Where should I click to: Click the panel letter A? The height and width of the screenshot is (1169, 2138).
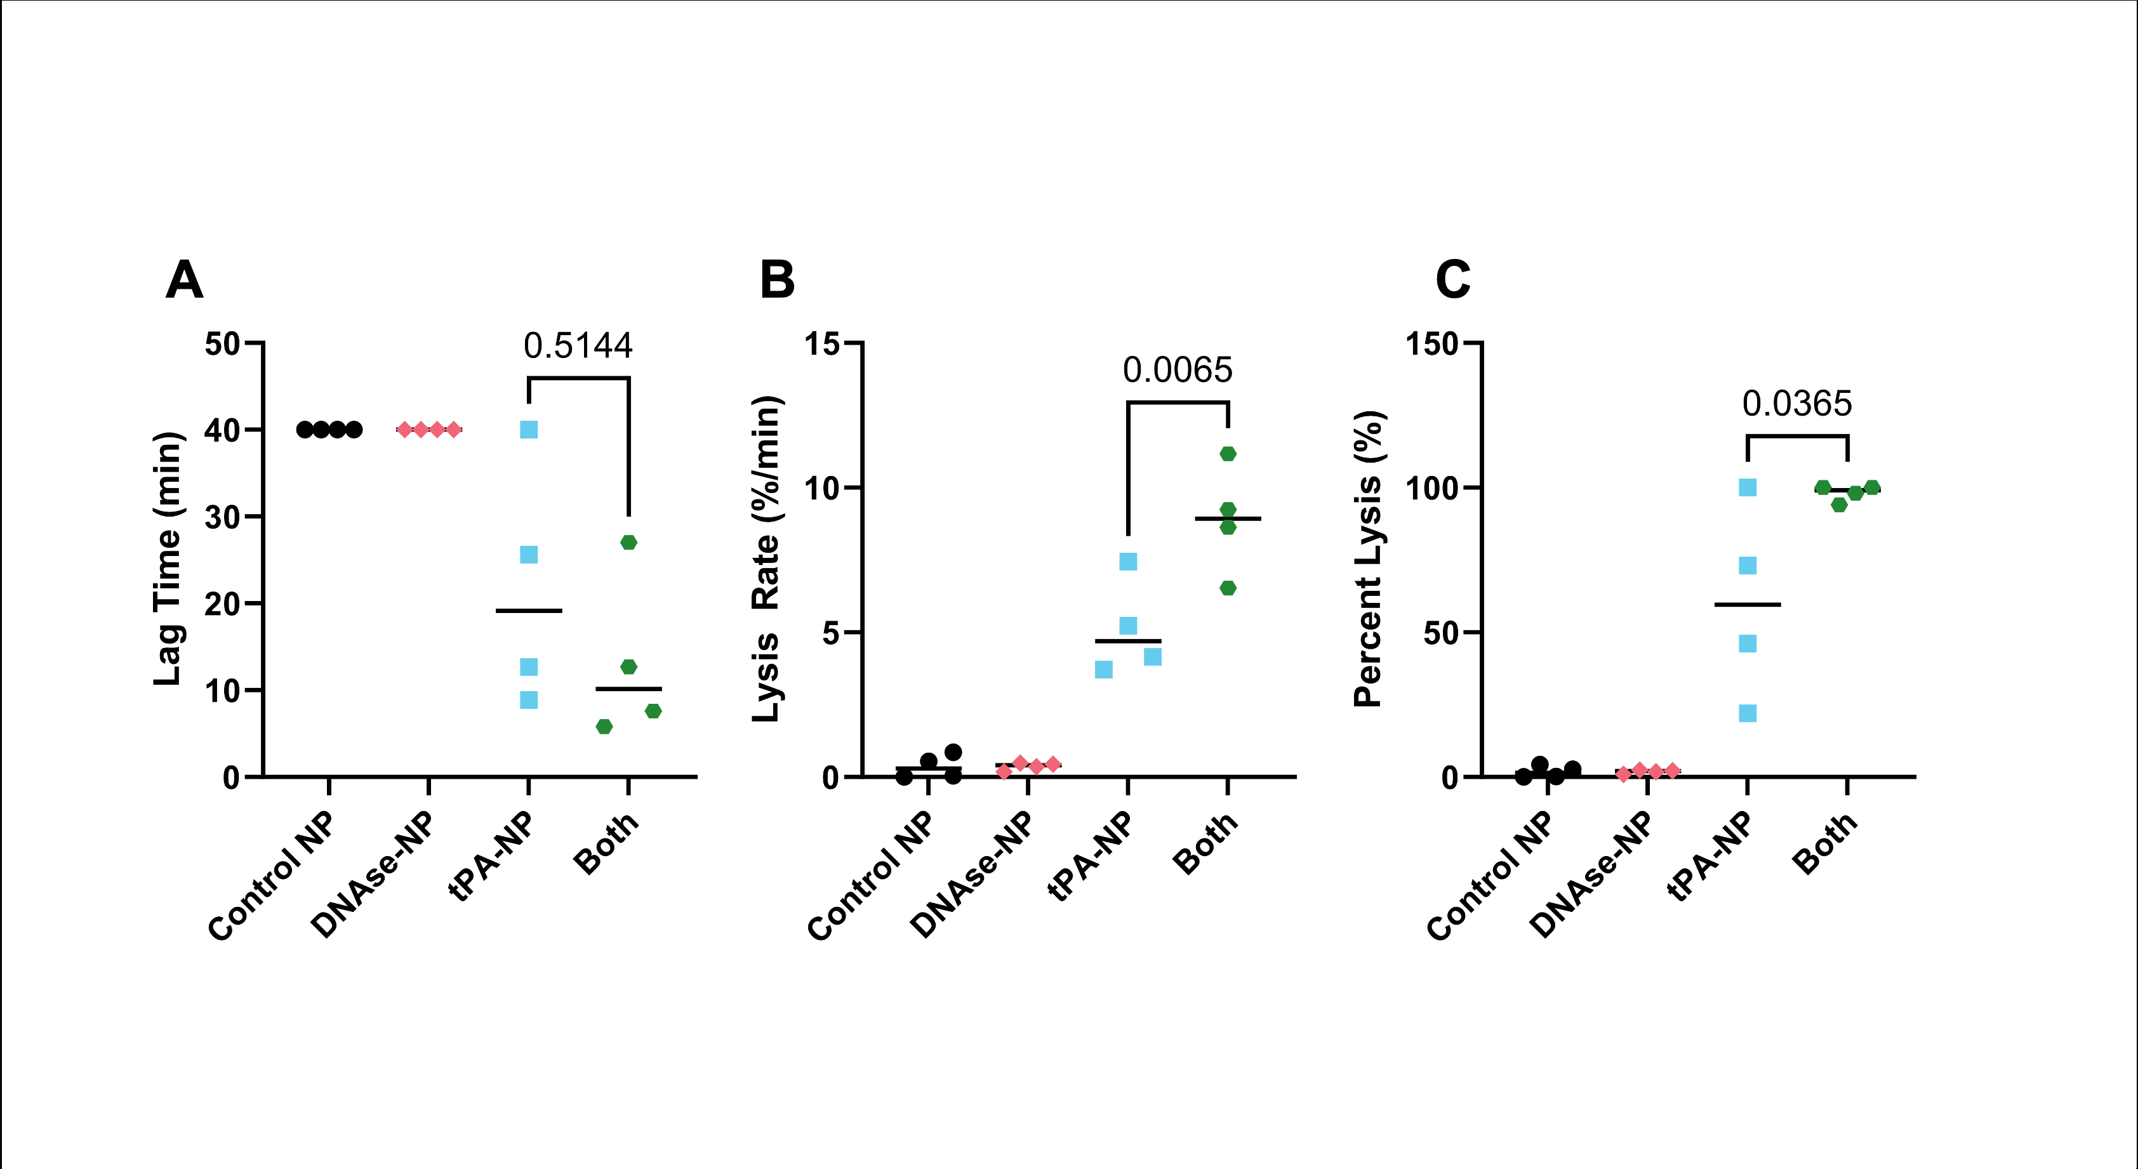[184, 281]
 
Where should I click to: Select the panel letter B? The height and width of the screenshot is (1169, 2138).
[777, 281]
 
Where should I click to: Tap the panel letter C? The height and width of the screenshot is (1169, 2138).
[1452, 281]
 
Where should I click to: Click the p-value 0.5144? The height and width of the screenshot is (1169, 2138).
[578, 346]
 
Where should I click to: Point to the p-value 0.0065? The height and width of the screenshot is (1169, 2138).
[1178, 370]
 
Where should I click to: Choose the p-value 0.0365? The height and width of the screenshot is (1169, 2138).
[1797, 404]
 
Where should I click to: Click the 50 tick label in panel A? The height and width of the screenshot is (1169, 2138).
[222, 343]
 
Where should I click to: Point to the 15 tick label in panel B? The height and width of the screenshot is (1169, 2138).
[821, 343]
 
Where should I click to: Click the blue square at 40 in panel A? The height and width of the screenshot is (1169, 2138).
[529, 430]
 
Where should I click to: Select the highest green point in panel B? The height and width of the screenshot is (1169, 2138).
[1228, 454]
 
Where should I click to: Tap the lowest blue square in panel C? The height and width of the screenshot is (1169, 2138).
[1748, 713]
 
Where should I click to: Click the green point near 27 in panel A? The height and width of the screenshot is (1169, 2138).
[628, 543]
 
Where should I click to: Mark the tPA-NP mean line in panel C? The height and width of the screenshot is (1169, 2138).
[1748, 605]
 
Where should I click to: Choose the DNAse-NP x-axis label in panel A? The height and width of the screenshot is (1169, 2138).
[373, 876]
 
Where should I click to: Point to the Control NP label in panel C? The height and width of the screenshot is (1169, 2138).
[1490, 878]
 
